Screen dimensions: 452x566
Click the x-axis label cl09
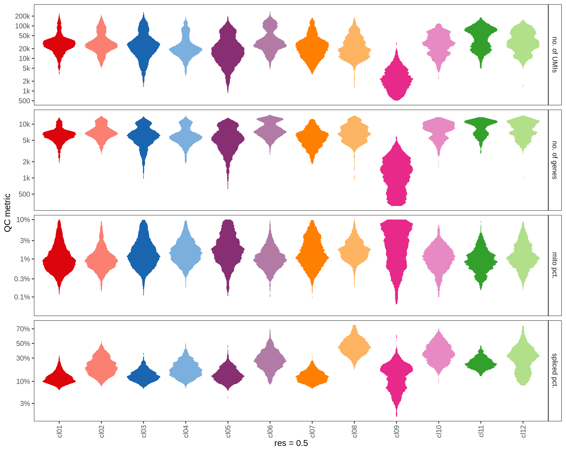click(x=397, y=431)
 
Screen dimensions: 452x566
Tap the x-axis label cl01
click(x=60, y=431)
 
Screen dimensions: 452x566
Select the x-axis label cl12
click(x=523, y=431)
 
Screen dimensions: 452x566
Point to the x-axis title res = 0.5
click(x=291, y=443)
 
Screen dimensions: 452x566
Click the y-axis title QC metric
click(x=8, y=212)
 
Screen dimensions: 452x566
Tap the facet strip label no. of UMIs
click(x=555, y=55)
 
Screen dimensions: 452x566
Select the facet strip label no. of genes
click(x=555, y=160)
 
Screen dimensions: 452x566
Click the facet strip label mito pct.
click(x=555, y=265)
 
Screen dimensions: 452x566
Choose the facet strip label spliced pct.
click(x=555, y=370)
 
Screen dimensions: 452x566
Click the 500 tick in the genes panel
click(x=24, y=194)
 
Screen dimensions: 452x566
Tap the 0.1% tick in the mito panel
click(x=22, y=297)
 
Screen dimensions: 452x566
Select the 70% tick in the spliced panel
click(x=23, y=329)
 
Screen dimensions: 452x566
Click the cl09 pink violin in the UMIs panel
click(x=396, y=79)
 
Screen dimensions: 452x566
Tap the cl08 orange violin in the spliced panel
click(x=354, y=347)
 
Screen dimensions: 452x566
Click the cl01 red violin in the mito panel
click(x=59, y=260)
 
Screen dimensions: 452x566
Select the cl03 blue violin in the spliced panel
click(x=144, y=377)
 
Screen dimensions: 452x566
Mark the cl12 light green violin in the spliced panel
click(x=523, y=356)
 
